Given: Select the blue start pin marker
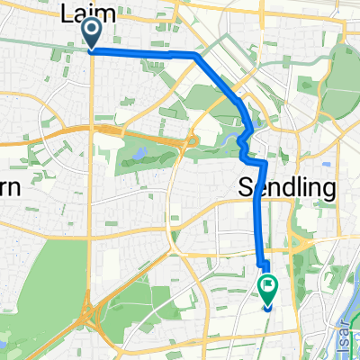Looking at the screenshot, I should (92, 34).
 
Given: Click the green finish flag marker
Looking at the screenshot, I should (268, 288).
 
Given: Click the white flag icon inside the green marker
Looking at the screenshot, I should (268, 286).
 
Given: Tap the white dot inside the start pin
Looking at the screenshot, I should (92, 30).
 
